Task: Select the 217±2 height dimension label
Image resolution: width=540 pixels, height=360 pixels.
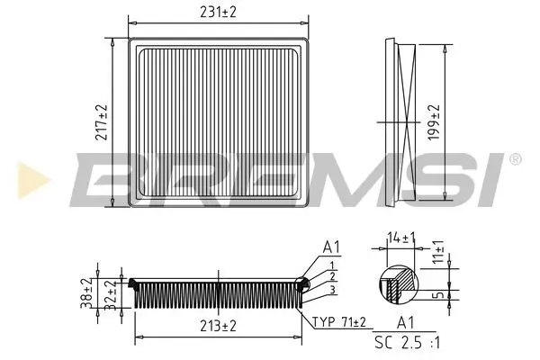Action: tap(102, 122)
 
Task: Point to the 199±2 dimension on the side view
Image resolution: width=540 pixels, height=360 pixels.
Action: tap(435, 122)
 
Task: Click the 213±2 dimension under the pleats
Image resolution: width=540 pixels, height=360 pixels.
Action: tap(217, 326)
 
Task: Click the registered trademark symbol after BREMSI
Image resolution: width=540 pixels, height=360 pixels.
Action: tap(513, 159)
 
